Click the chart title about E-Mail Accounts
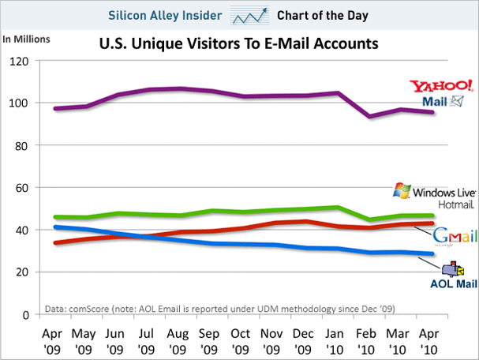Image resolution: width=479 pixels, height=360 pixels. pos(238,44)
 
